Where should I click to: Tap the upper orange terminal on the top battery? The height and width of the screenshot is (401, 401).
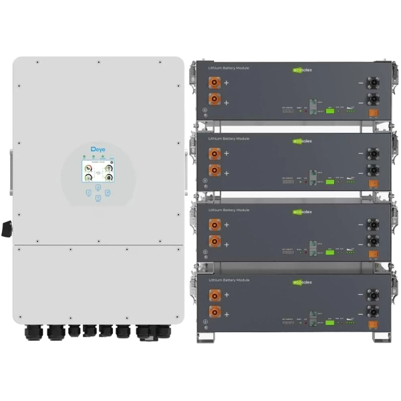pyautogui.click(x=215, y=84)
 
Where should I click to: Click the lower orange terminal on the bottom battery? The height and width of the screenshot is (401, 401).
pyautogui.click(x=215, y=312)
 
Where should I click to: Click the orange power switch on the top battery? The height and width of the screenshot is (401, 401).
pyautogui.click(x=374, y=113)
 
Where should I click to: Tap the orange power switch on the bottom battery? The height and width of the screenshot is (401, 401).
pyautogui.click(x=374, y=326)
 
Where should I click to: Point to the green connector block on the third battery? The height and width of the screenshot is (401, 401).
pyautogui.click(x=329, y=252)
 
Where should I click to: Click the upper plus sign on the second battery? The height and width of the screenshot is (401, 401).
pyautogui.click(x=226, y=154)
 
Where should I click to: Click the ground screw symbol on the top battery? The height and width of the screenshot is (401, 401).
pyautogui.click(x=205, y=111)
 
